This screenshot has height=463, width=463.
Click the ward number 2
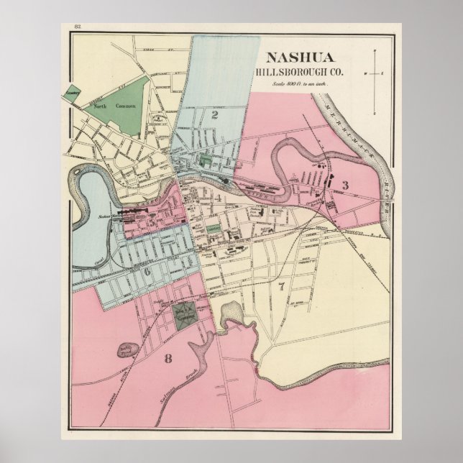(214, 113)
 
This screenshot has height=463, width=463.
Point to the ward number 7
(281, 287)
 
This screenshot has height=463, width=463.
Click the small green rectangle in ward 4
(213, 229)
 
